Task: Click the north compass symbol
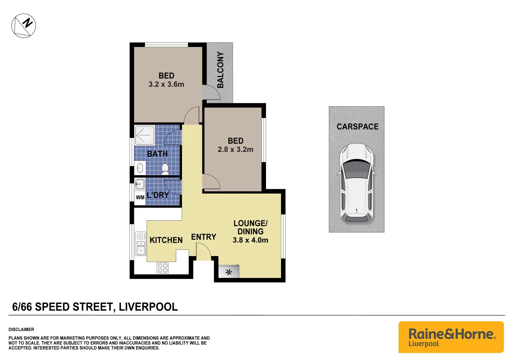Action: point(24,26)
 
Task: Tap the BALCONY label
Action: point(220,70)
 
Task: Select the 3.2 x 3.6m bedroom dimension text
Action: point(166,85)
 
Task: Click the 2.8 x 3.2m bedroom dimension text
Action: point(235,150)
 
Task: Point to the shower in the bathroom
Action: point(145,135)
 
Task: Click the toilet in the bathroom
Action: point(165,169)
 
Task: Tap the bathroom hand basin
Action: point(140,168)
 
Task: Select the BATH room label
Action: point(157,154)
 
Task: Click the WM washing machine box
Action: point(140,197)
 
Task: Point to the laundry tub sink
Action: point(140,184)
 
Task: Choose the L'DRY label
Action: point(158,195)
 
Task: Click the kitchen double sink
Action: point(141,244)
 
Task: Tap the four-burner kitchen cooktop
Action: point(163,268)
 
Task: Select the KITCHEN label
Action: point(166,240)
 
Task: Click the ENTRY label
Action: point(204,237)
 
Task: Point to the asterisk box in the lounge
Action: point(229,272)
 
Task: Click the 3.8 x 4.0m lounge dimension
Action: point(250,240)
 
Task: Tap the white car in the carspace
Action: point(357,183)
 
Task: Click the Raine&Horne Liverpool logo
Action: point(451,337)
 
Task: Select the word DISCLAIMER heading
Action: point(21,329)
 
